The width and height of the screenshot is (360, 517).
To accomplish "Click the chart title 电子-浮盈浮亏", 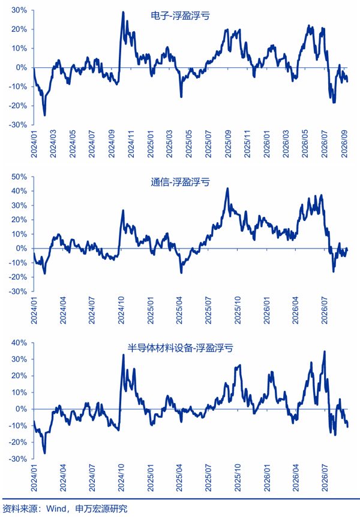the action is point(180,16).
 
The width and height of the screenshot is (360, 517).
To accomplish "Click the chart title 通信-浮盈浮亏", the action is point(180,182).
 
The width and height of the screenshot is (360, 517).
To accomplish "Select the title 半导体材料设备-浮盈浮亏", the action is point(180,348).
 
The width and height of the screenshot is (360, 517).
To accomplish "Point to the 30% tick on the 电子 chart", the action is point(19,10).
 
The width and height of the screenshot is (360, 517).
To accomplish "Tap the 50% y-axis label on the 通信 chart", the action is point(19,177).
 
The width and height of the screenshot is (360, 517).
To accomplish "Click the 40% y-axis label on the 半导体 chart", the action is point(19,343).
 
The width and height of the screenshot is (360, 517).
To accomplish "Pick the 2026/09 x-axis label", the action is point(345,144).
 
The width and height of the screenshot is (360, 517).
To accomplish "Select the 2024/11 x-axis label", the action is point(131,144).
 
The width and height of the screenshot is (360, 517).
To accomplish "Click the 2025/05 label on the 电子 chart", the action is point(189,144).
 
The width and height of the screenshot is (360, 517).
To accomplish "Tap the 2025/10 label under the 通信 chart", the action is point(238,310).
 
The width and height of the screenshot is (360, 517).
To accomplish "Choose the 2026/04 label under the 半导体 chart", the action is point(296,478).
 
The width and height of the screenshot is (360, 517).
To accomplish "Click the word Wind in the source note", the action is point(56,509).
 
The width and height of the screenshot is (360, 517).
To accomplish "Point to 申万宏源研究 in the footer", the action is point(101,509).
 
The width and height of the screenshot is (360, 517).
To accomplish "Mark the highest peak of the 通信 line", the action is point(227,189).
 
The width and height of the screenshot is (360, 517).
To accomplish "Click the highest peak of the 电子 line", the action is point(123,12).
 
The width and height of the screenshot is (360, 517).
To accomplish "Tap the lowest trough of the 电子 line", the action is point(45,115).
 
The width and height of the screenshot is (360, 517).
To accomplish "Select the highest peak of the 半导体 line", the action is point(325,351).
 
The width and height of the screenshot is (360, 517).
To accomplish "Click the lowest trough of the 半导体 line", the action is point(45,453).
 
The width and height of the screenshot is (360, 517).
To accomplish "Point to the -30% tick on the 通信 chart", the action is point(19,291).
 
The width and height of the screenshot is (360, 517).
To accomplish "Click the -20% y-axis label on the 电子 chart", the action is point(19,106).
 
